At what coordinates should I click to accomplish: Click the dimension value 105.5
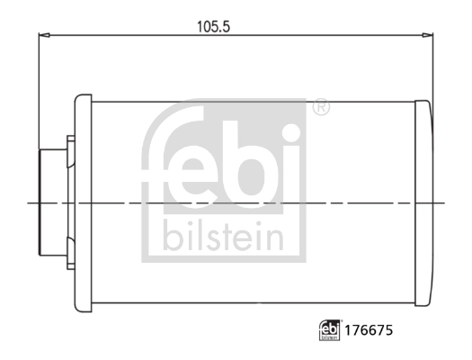tap(214, 26)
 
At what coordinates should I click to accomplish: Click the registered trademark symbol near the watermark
tap(321, 108)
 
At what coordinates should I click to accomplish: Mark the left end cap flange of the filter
tap(82, 204)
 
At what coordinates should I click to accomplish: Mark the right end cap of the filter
tap(423, 204)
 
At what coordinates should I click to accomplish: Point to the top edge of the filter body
tap(252, 96)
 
